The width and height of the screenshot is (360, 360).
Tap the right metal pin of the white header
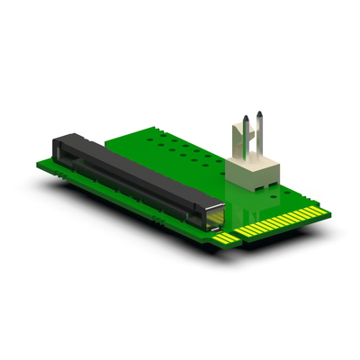coord(258,135)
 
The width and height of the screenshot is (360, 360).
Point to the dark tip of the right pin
coord(259,116)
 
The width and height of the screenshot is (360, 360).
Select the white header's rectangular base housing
coord(253,176)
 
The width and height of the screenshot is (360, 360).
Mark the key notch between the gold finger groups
coord(239,237)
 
